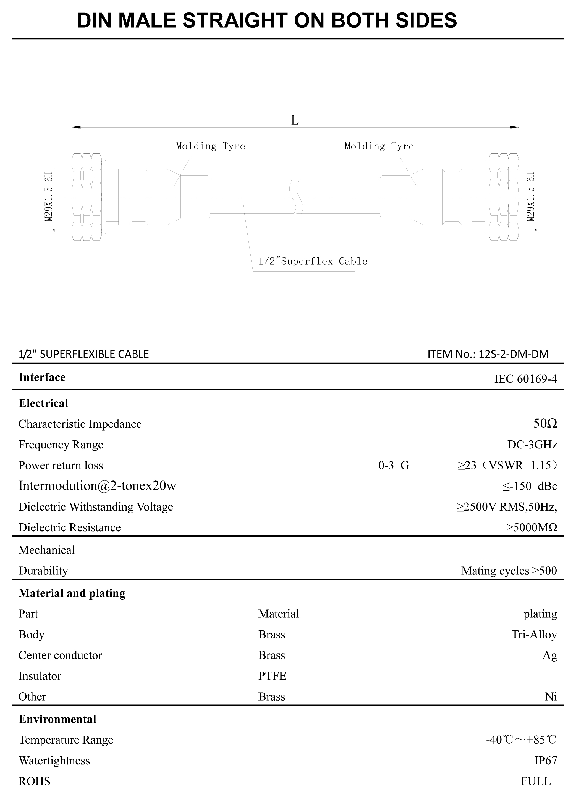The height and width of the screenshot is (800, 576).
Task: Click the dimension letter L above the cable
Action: (295, 121)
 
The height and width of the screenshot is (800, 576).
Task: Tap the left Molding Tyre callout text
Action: (210, 146)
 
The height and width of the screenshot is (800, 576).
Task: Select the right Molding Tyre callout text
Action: (379, 146)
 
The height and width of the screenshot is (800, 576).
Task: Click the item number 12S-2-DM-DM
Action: (514, 354)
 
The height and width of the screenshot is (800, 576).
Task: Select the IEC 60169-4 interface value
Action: (525, 379)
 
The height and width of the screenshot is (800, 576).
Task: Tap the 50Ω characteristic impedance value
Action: (545, 424)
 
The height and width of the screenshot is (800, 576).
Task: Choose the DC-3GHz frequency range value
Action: (532, 444)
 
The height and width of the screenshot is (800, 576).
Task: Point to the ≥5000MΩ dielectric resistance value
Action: (532, 527)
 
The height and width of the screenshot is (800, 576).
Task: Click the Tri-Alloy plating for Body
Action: (534, 635)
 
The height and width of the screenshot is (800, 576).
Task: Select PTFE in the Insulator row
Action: (272, 676)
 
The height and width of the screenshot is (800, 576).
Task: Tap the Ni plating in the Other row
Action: (551, 697)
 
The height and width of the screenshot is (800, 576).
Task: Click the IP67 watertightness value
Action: (546, 761)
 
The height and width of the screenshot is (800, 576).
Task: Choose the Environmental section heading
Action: (57, 719)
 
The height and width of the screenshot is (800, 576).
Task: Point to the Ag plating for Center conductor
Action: (549, 655)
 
